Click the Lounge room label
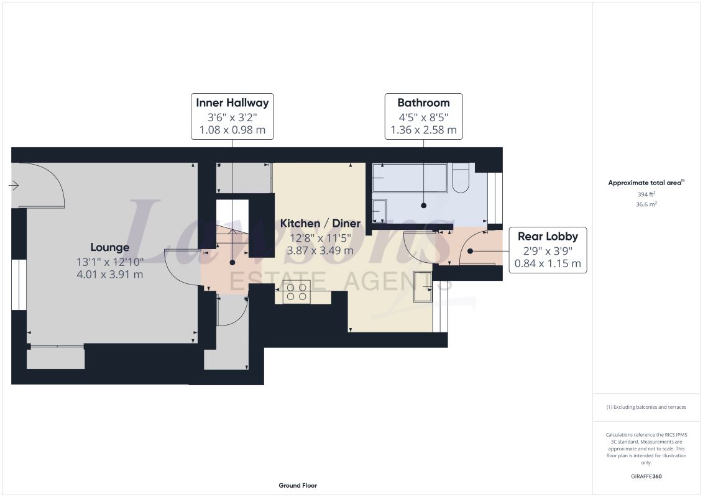pyautogui.click(x=110, y=247)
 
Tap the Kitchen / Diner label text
pyautogui.click(x=320, y=223)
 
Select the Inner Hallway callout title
pyautogui.click(x=232, y=103)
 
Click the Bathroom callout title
pyautogui.click(x=424, y=103)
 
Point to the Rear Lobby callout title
pyautogui.click(x=548, y=236)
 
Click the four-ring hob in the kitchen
pyautogui.click(x=297, y=292)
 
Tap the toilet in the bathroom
pyautogui.click(x=461, y=178)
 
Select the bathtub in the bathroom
pyautogui.click(x=410, y=178)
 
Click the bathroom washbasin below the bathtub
pyautogui.click(x=379, y=211)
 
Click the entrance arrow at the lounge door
pyautogui.click(x=14, y=185)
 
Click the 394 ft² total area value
pyautogui.click(x=646, y=194)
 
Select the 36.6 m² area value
pyautogui.click(x=646, y=204)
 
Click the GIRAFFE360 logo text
pyautogui.click(x=646, y=476)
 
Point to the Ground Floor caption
pyautogui.click(x=298, y=485)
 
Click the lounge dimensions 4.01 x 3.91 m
pyautogui.click(x=110, y=274)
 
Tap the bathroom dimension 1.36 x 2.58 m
pyautogui.click(x=424, y=130)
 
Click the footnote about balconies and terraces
pyautogui.click(x=646, y=407)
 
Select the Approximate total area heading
pyautogui.click(x=646, y=183)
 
